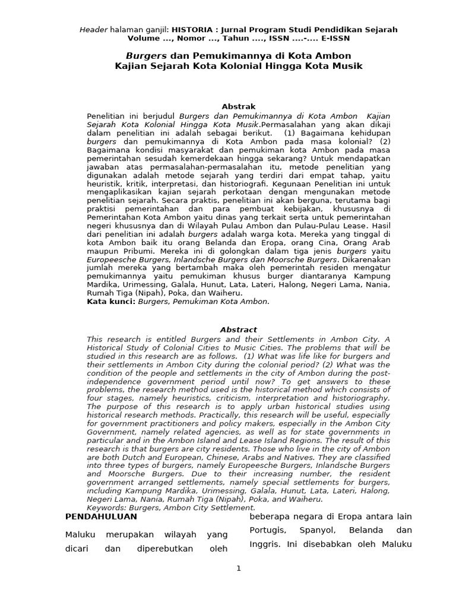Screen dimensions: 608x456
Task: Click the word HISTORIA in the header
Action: coord(194,29)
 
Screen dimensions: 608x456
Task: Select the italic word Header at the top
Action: coord(94,29)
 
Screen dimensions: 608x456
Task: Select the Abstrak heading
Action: coord(238,107)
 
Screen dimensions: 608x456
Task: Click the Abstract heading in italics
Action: coord(238,330)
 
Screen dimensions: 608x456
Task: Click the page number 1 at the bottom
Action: coord(239,568)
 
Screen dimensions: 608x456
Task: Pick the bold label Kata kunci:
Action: coord(111,302)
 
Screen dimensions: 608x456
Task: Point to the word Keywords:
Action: coord(105,508)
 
